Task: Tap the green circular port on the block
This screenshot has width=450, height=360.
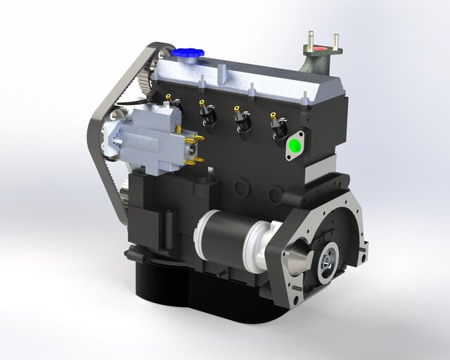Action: [295, 147]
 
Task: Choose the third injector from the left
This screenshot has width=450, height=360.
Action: [243, 119]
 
